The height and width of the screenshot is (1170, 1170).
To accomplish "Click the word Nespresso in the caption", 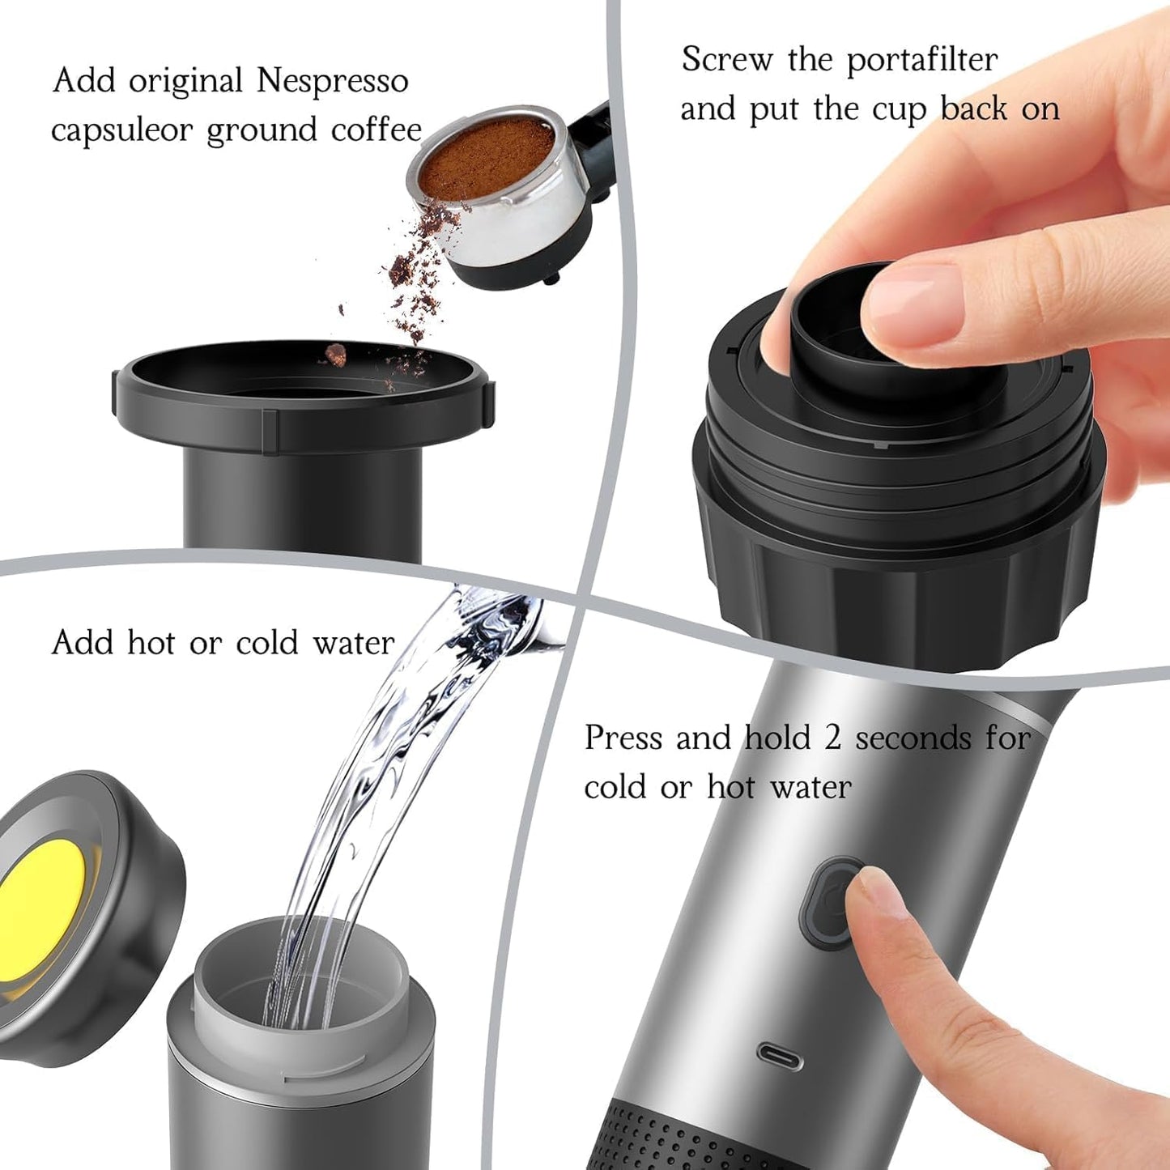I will tap(332, 82).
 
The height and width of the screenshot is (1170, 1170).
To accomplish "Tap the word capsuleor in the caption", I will tap(121, 131).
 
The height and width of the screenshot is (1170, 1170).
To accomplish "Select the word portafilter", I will tap(922, 61).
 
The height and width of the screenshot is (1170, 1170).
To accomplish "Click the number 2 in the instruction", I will tap(832, 738).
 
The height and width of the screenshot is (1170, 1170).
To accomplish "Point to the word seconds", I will tap(913, 738).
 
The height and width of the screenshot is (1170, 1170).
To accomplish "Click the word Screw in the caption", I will tap(726, 61).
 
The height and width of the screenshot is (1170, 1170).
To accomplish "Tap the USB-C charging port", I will tap(780, 1055).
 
